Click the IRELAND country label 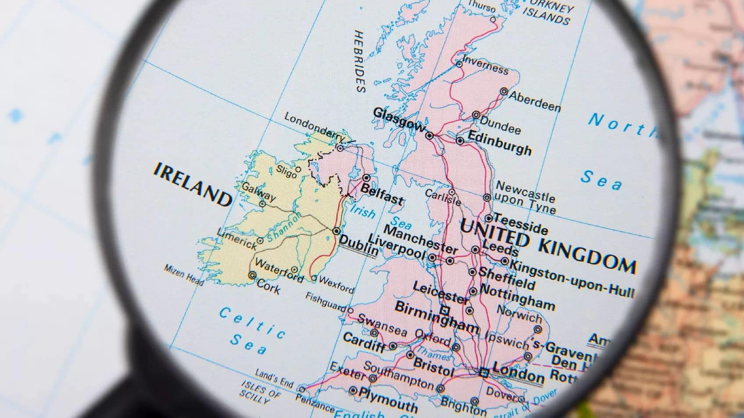point(192,184)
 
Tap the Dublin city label point(358,246)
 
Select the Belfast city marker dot point(366,178)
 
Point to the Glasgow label point(399,119)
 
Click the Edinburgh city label point(500,142)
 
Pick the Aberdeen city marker point(504,92)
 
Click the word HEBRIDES point(360,61)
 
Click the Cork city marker point(252,275)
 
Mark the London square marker point(484,373)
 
